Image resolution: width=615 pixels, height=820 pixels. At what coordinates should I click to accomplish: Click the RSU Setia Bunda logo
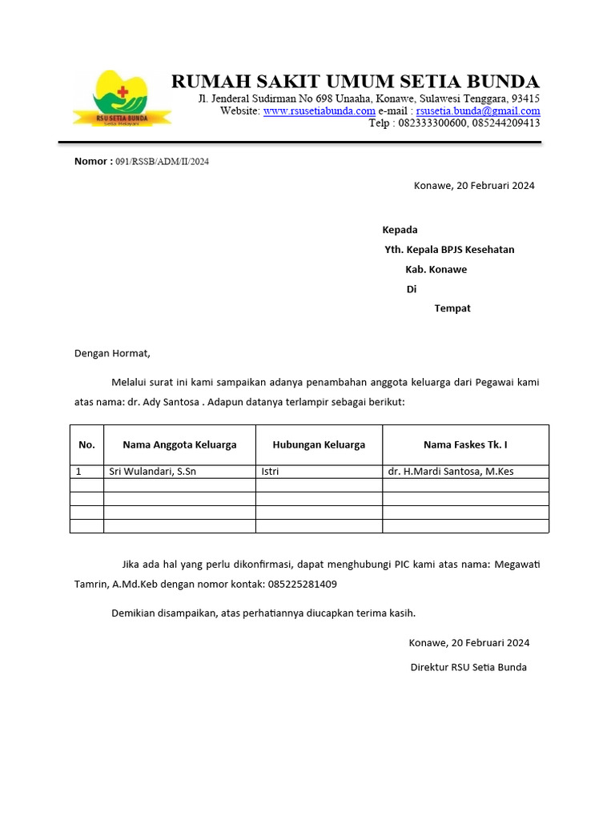coord(122,98)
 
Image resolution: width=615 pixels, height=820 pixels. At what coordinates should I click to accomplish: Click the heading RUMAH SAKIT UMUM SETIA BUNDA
coord(356,81)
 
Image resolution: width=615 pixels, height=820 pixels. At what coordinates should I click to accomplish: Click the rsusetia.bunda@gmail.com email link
coord(478,111)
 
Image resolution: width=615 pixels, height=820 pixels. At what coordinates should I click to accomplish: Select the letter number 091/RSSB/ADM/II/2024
coord(162,162)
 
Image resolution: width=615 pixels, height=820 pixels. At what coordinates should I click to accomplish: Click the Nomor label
coord(93,161)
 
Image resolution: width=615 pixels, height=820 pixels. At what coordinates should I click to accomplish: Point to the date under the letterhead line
coord(474,186)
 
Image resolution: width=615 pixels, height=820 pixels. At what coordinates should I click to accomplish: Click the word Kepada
coord(400,230)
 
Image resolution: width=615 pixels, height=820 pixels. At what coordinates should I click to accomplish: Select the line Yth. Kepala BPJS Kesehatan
coord(449,250)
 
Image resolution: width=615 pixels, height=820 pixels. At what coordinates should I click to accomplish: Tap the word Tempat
coord(452,308)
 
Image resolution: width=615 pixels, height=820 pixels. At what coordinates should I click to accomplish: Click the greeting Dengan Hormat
coord(112,353)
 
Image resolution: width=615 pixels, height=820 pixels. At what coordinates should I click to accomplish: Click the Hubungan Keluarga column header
coord(319,444)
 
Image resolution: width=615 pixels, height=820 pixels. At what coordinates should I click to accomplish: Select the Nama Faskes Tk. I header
coord(465,444)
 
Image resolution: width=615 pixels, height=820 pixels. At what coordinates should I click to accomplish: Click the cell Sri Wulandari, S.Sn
coord(153,472)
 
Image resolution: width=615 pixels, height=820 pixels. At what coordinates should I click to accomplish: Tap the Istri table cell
coord(270,472)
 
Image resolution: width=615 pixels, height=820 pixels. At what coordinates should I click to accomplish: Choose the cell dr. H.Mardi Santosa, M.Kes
coord(451,472)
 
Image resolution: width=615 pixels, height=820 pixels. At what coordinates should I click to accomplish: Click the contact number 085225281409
coord(300,585)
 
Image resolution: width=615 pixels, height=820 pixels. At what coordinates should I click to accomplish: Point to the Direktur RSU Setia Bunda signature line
coord(468,667)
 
